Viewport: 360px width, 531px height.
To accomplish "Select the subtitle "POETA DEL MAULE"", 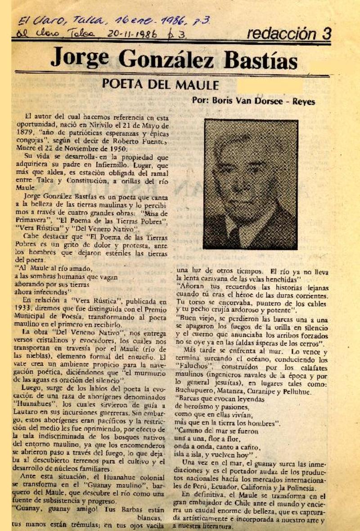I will coord(160,85).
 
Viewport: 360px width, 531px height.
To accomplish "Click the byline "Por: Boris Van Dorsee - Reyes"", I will coord(253,101).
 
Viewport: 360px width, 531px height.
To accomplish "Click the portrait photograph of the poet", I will coord(250,184).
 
